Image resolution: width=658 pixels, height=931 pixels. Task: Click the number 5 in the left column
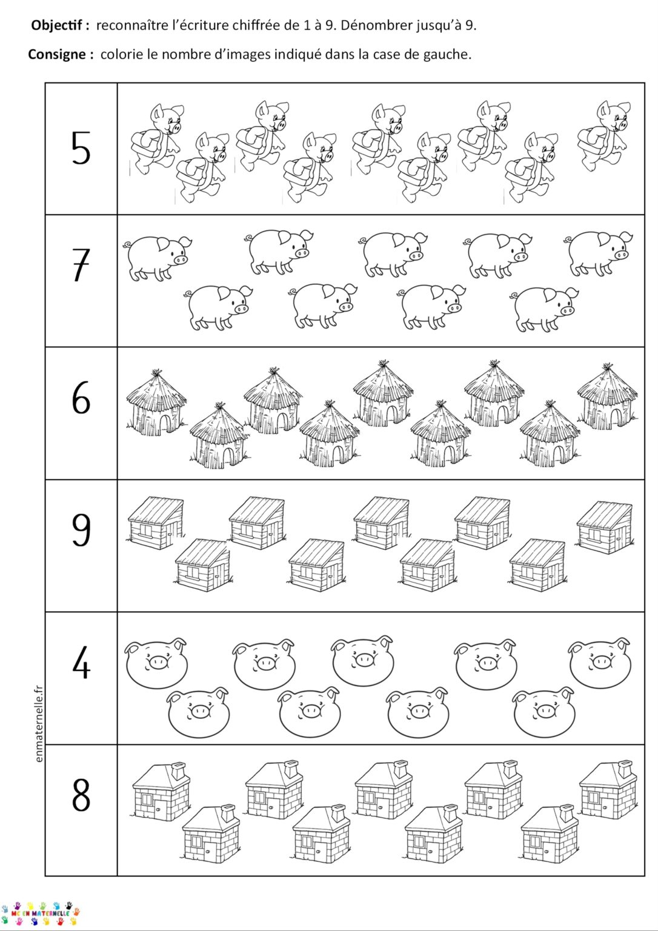pos(81,148)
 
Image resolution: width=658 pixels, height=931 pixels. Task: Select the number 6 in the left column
pos(81,398)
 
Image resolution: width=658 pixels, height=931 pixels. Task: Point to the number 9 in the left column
pos(81,530)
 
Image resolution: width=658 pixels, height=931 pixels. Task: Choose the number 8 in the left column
pos(81,795)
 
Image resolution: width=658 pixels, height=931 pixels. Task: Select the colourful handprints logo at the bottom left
pos(40,913)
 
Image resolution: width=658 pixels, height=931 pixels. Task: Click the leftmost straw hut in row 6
pos(156,404)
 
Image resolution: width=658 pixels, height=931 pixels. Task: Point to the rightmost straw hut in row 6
pos(606,398)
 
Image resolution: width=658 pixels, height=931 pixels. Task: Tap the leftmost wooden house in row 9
pos(156,523)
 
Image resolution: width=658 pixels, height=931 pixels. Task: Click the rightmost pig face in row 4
pos(599,662)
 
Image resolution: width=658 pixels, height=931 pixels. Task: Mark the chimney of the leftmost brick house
pos(179,770)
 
